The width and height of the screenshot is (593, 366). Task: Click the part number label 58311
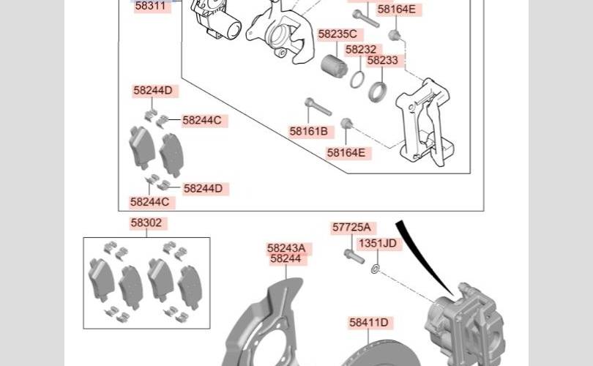coord(151,6)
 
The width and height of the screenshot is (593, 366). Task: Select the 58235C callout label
coord(337,34)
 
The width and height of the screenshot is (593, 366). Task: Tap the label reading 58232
coord(361,50)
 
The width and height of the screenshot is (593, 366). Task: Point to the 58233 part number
coord(382,60)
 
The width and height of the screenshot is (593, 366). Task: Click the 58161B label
coord(309,131)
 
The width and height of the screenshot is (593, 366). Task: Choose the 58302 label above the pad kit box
coord(146,223)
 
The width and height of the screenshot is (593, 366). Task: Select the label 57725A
coord(351,227)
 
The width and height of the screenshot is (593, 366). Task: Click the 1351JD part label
coord(378,243)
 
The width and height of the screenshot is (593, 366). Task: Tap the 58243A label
coord(286,248)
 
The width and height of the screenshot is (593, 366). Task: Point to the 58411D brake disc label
coord(369,323)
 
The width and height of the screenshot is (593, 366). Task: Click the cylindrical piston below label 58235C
coord(335,66)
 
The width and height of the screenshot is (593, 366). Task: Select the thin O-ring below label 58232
coord(357,79)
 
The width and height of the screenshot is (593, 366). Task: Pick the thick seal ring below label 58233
coord(378,92)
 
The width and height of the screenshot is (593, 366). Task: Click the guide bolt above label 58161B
coord(318,107)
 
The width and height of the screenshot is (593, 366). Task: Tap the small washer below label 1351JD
coord(375,269)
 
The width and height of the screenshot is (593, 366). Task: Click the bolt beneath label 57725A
coord(354,256)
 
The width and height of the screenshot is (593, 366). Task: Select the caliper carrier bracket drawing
coord(424,123)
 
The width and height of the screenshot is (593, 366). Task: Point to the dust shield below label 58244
coord(261,325)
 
